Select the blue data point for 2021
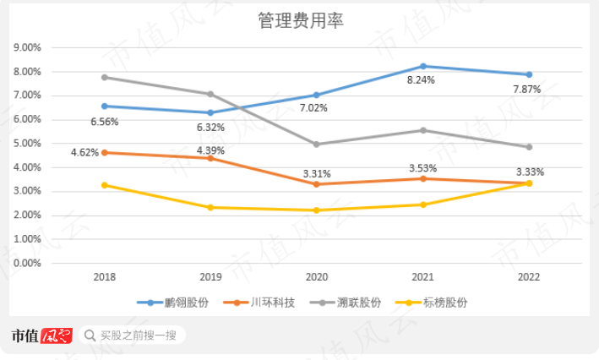(x=422, y=66)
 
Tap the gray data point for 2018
(x=104, y=77)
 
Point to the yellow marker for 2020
(x=316, y=210)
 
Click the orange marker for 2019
(x=210, y=158)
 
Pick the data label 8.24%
(x=422, y=80)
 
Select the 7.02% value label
(x=314, y=108)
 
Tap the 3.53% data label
(x=422, y=169)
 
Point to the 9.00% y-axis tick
(x=29, y=47)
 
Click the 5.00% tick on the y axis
(x=29, y=144)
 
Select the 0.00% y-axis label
(x=29, y=264)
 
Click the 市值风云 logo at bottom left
(x=42, y=335)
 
